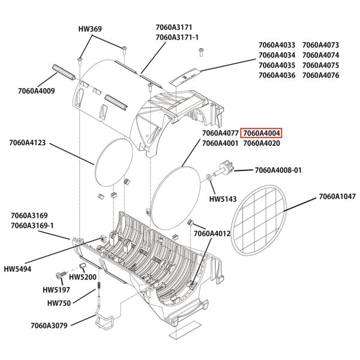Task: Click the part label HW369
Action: [x=90, y=29]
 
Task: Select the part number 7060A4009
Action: [x=37, y=92]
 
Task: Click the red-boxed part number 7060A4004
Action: [x=262, y=133]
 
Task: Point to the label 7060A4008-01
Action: [x=278, y=170]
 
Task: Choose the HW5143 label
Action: [x=222, y=199]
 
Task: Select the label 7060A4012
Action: [x=212, y=233]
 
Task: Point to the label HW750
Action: [x=58, y=304]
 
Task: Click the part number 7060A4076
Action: [x=320, y=76]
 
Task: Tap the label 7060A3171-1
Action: [x=177, y=37]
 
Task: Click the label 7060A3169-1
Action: [x=32, y=225]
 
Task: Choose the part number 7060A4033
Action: [x=277, y=45]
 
